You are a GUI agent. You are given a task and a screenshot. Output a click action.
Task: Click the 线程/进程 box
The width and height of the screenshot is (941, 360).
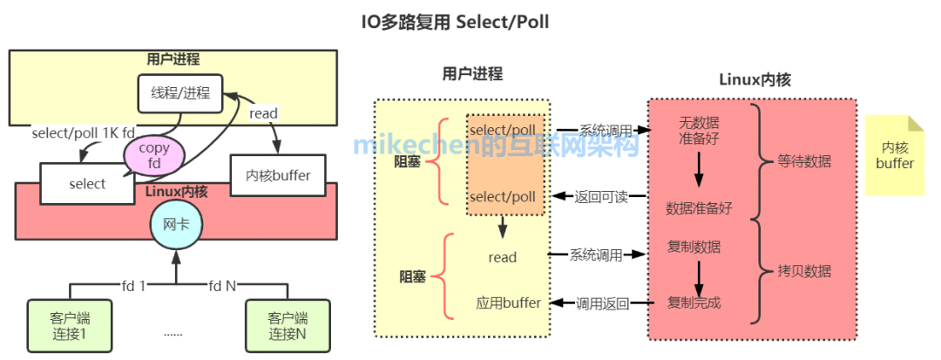pyautogui.click(x=180, y=92)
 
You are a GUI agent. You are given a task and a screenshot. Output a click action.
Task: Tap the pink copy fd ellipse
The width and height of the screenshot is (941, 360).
pyautogui.click(x=154, y=155)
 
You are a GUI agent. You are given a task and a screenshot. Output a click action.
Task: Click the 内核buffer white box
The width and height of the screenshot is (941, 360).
pyautogui.click(x=271, y=174)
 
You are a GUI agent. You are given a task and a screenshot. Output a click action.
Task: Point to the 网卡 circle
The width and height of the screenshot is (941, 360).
pyautogui.click(x=176, y=225)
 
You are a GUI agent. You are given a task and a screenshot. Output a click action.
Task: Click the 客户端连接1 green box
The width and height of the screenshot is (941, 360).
pyautogui.click(x=69, y=325)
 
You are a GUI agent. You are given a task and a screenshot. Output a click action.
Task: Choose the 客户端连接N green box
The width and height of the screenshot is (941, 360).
pyautogui.click(x=288, y=325)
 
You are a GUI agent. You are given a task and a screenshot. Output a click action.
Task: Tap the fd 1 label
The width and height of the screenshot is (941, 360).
pyautogui.click(x=134, y=284)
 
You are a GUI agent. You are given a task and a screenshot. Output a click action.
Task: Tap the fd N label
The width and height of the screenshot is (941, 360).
pyautogui.click(x=222, y=284)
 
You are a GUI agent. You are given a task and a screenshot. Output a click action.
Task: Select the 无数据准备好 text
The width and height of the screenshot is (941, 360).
pyautogui.click(x=699, y=130)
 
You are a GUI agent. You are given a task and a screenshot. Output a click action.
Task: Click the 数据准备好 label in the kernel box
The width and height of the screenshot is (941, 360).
pyautogui.click(x=699, y=208)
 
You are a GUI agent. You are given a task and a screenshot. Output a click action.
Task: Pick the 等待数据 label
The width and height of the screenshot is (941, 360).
pyautogui.click(x=804, y=161)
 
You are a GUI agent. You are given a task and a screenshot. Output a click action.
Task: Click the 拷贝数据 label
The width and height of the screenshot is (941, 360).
pyautogui.click(x=804, y=271)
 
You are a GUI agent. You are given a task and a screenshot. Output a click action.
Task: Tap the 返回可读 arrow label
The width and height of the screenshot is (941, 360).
pyautogui.click(x=599, y=196)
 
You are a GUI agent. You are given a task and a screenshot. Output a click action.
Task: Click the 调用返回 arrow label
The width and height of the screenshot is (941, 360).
pyautogui.click(x=600, y=303)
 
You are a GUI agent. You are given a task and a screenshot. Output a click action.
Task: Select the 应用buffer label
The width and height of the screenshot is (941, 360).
pyautogui.click(x=508, y=303)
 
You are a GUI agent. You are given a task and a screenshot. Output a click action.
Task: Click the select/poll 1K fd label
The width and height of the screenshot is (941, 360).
pyautogui.click(x=84, y=133)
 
